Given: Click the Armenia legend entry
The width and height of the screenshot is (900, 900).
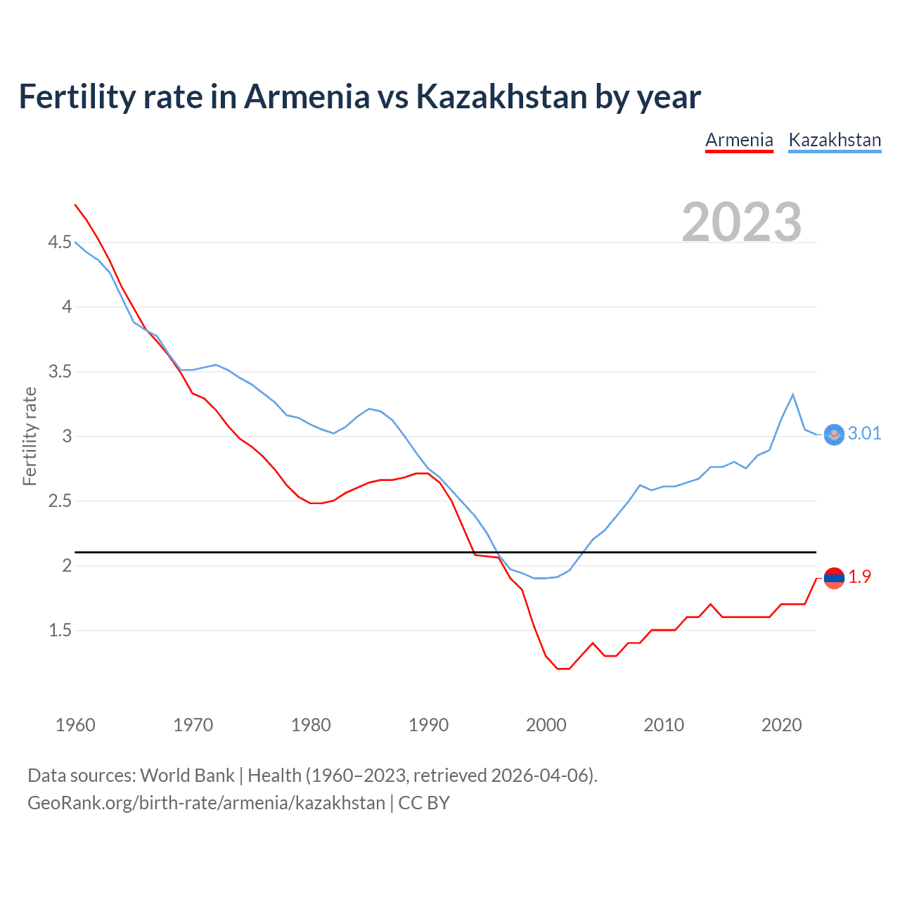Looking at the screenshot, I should click(739, 140).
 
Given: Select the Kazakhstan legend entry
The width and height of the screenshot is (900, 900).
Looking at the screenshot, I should click(835, 140).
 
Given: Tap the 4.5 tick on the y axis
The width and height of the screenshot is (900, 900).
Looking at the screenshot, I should click(60, 243).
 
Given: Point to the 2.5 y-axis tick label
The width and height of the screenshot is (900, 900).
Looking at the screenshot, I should click(60, 501).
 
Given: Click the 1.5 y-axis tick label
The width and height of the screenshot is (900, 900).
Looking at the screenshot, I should click(60, 631).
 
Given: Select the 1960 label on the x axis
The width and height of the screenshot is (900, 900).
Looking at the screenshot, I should click(75, 725).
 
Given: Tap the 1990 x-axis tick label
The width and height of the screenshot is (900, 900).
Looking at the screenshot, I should click(428, 725).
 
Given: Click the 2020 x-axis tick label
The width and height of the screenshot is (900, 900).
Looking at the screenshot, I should click(781, 725).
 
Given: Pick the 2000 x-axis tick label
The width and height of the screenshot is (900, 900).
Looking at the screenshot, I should click(546, 725).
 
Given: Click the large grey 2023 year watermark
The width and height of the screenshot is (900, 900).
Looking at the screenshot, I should click(741, 222).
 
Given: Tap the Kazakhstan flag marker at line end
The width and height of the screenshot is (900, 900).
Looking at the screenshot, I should click(834, 435).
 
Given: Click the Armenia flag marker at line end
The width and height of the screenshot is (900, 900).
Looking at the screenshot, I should click(834, 578).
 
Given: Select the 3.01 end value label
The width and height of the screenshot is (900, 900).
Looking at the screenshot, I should click(864, 434).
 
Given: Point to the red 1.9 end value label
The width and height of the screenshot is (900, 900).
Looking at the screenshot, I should click(859, 577).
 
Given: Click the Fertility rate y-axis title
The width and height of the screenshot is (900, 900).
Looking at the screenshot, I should click(30, 436).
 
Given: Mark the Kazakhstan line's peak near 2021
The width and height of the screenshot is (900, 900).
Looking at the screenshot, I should click(793, 394).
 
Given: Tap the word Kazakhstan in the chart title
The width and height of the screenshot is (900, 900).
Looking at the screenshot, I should click(501, 96).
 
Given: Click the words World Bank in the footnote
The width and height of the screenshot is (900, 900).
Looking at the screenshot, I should click(187, 776).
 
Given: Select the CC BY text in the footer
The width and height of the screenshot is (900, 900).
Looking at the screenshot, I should click(424, 803).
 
